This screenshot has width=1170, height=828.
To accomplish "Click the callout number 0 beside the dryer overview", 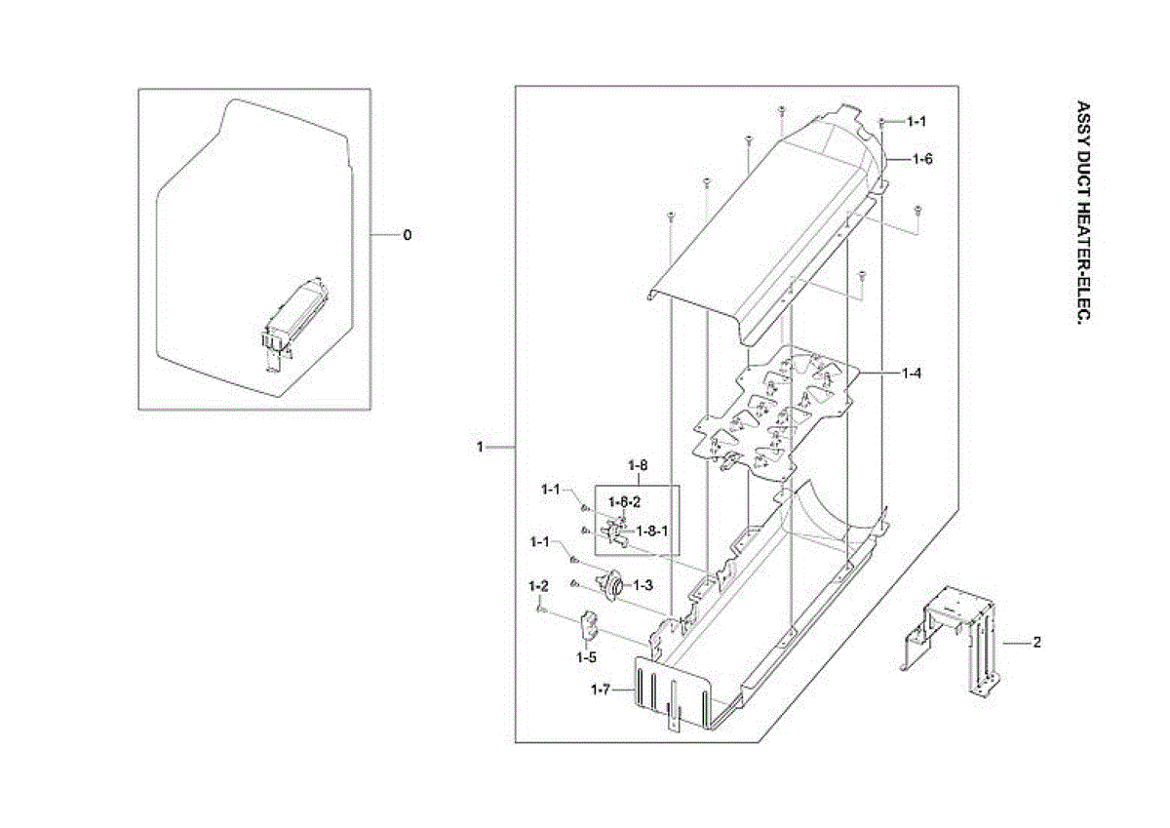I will (408, 235).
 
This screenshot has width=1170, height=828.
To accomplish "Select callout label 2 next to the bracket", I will (1037, 643).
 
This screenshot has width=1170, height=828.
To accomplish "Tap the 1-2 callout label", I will (538, 586).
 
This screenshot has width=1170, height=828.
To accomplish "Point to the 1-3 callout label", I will (643, 585).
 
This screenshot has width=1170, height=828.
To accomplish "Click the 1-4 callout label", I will (912, 373).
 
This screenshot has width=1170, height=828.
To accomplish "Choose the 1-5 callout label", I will (585, 657).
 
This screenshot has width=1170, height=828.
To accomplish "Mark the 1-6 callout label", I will (922, 158).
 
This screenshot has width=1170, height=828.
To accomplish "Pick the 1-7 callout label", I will (602, 690).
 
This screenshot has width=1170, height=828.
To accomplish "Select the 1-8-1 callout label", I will (651, 531).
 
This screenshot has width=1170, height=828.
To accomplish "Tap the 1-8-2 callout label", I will (625, 502).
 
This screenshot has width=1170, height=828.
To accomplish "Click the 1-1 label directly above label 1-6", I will (916, 122).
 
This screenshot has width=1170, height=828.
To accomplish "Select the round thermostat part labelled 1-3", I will (614, 586).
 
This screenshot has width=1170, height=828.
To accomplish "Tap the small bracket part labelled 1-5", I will (590, 625).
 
